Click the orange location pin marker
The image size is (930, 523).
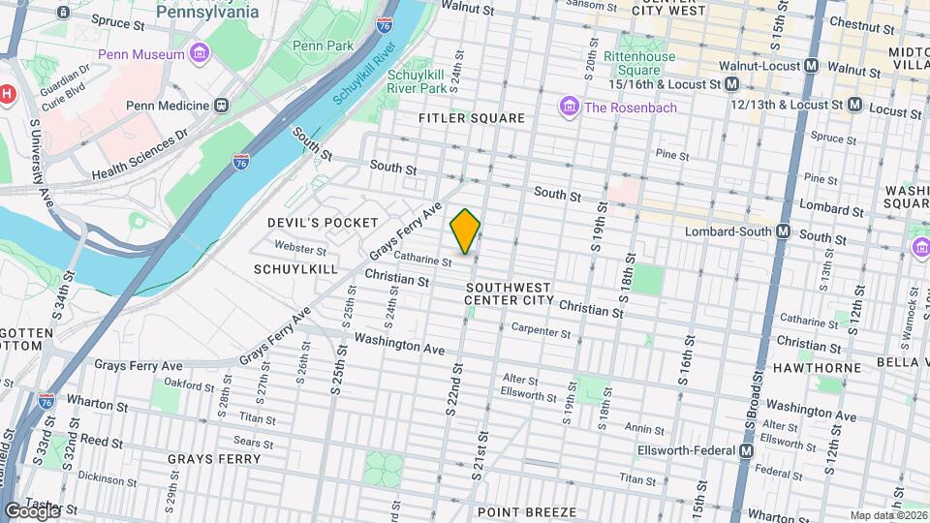pyautogui.click(x=466, y=231)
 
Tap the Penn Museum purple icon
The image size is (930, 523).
pyautogui.click(x=201, y=53)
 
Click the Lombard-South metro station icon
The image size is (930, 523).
pyautogui.click(x=784, y=232)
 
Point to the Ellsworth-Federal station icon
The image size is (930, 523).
pyautogui.click(x=746, y=451)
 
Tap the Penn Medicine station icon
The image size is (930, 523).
pyautogui.click(x=222, y=105)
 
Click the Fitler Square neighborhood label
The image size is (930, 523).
pyautogui.click(x=471, y=118)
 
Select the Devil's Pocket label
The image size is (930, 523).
pyautogui.click(x=323, y=223)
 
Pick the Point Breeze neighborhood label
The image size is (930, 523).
pyautogui.click(x=527, y=511)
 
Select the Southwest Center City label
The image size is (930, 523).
pyautogui.click(x=508, y=293)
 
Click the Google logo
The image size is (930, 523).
pyautogui.click(x=32, y=510)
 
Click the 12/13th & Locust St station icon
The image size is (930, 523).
pyautogui.click(x=854, y=104)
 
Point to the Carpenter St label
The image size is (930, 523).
pyautogui.click(x=542, y=332)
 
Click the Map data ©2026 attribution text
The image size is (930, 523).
pyautogui.click(x=886, y=515)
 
